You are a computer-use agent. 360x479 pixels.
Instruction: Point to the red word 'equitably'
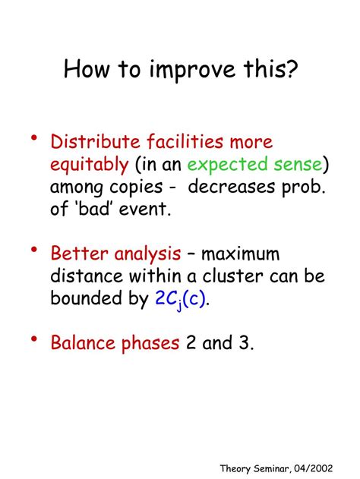coord(90,165)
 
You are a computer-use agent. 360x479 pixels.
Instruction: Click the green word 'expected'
coord(223,165)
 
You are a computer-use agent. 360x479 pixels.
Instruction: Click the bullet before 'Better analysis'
coord(34,249)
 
